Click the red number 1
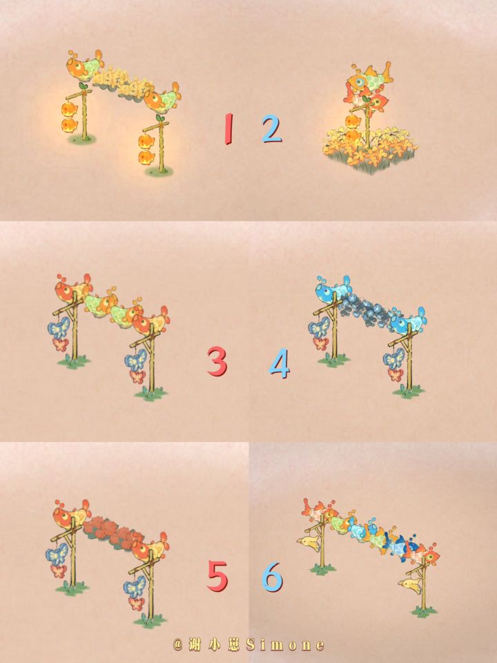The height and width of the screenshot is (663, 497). [x=228, y=128]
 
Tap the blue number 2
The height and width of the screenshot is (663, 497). [x=271, y=128]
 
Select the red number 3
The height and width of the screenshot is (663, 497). [x=217, y=361]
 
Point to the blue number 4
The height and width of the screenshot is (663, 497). [x=280, y=363]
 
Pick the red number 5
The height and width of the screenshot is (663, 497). [x=217, y=575]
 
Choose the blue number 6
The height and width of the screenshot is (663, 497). [x=272, y=576]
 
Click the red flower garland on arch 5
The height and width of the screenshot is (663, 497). [x=113, y=532]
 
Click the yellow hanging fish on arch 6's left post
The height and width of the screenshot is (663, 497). [x=309, y=544]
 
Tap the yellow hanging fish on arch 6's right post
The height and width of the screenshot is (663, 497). [x=410, y=586]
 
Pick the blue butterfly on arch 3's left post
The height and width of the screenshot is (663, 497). [x=59, y=327]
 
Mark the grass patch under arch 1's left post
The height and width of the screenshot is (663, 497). [x=81, y=139]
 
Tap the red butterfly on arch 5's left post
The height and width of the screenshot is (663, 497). [x=59, y=571]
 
